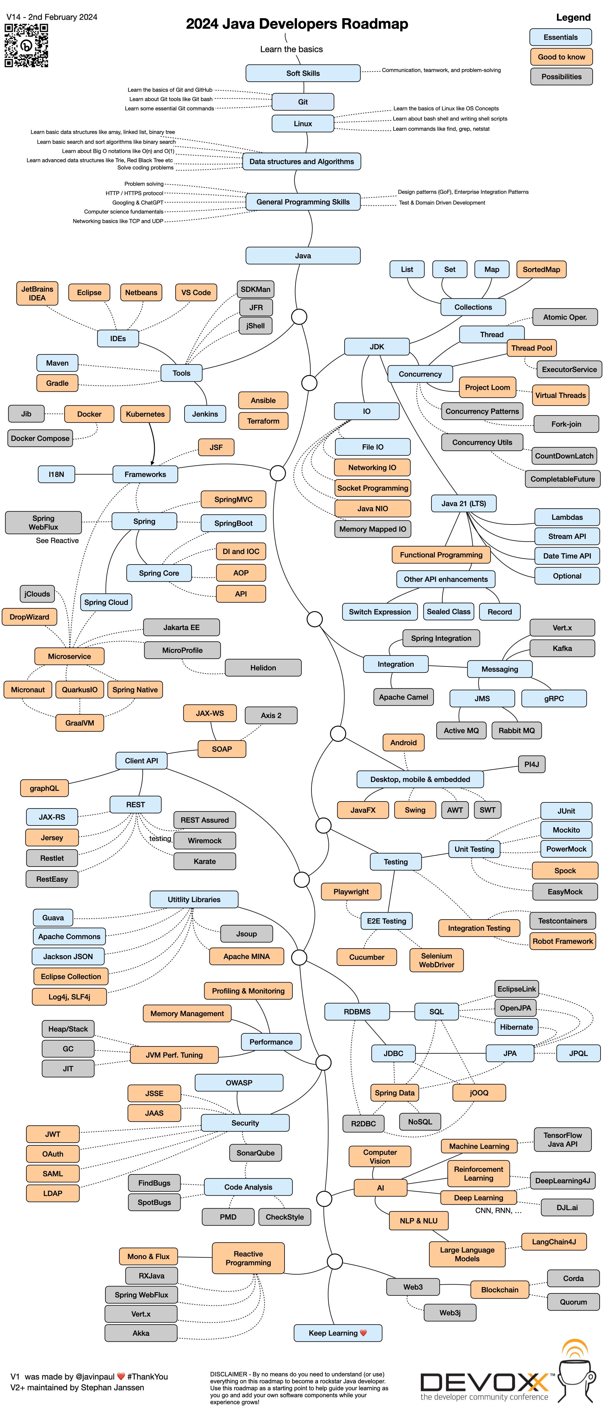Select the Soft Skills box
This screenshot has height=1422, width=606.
(303, 73)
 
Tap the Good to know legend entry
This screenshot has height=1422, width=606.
(561, 57)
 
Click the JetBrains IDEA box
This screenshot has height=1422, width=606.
(37, 293)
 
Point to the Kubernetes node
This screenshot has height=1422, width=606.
(145, 414)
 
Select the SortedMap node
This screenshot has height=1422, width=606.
(541, 269)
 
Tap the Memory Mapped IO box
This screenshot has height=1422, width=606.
(372, 529)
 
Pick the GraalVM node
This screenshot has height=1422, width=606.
(80, 723)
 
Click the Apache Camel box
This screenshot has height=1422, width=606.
(403, 697)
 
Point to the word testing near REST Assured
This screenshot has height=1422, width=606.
(160, 838)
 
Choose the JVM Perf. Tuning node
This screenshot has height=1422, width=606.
(174, 1055)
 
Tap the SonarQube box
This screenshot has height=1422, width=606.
(255, 1153)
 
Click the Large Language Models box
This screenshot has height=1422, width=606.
(467, 1254)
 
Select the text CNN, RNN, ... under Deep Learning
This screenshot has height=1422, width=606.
(498, 1211)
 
